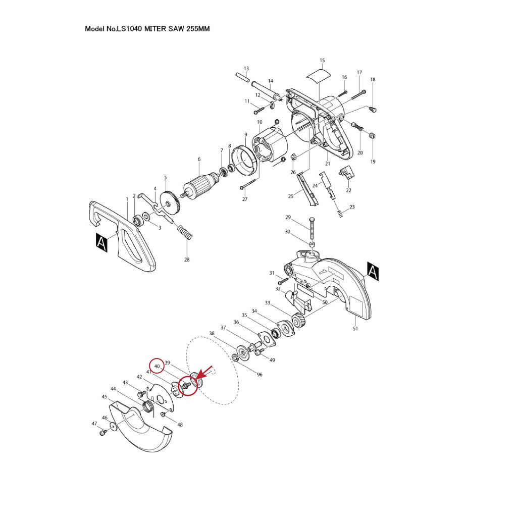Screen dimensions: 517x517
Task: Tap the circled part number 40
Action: (157, 367)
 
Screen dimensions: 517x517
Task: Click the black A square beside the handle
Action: (101, 242)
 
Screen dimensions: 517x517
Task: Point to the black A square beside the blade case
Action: (373, 272)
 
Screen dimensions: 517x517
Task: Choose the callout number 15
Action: (322, 61)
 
